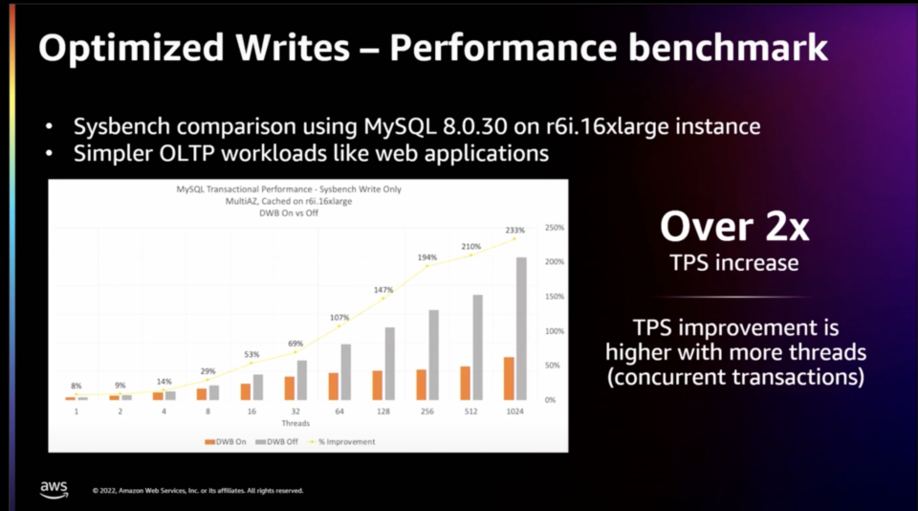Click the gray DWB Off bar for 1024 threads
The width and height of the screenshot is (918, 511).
click(521, 328)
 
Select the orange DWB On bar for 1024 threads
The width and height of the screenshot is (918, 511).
click(510, 379)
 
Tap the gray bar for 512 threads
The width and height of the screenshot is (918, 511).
click(477, 347)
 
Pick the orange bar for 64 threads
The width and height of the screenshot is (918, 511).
click(334, 386)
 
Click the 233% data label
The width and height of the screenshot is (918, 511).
click(515, 230)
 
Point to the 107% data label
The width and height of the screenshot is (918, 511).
click(339, 318)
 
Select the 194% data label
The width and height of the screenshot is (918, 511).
click(427, 257)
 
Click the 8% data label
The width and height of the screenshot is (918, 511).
click(76, 385)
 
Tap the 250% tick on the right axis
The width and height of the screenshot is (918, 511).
click(554, 228)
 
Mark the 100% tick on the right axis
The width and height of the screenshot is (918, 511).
click(554, 331)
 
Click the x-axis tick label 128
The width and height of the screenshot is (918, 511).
click(382, 411)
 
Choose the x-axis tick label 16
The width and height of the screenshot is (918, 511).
click(251, 411)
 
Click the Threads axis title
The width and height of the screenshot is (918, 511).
click(295, 422)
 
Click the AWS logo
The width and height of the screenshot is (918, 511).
click(55, 488)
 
